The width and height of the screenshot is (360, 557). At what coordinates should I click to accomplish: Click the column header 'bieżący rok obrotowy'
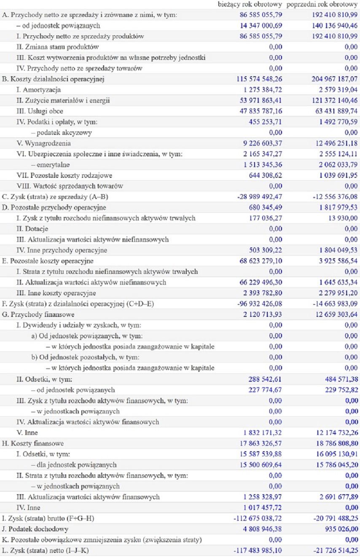coord(250,5)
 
